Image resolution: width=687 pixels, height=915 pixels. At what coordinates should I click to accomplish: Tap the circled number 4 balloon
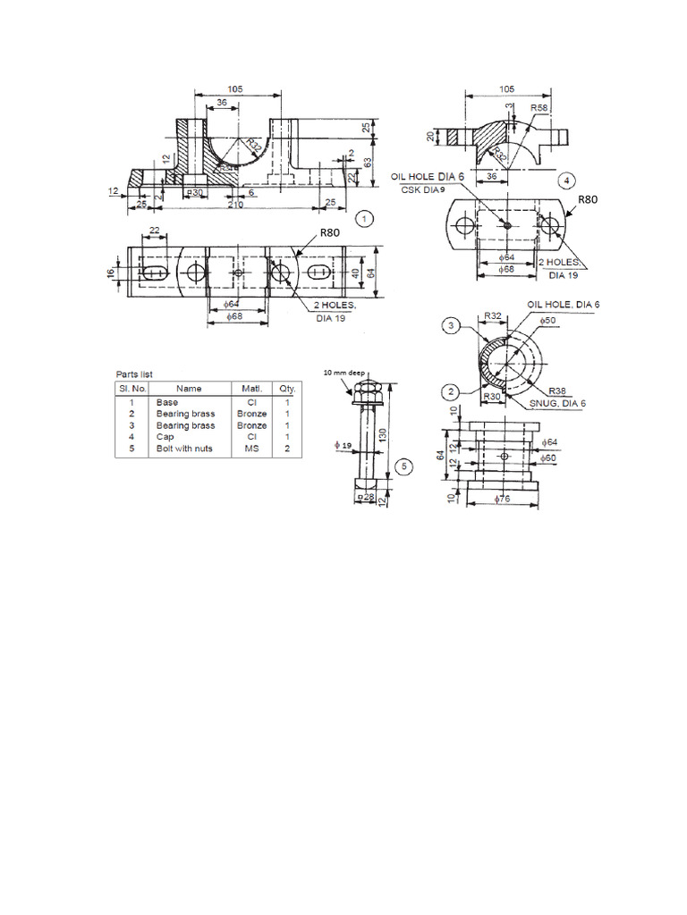565,180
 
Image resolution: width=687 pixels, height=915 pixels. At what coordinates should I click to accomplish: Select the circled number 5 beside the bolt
404,466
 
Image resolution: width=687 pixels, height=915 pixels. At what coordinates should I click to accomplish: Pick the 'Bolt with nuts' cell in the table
184,449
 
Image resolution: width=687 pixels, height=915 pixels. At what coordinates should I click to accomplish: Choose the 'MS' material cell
250,449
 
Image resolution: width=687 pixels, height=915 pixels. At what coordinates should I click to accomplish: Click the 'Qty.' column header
287,389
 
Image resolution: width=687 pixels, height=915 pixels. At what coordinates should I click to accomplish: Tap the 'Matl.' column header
250,389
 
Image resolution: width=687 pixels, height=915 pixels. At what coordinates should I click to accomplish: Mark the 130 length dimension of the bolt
382,434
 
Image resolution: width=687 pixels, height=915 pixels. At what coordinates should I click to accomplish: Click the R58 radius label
539,108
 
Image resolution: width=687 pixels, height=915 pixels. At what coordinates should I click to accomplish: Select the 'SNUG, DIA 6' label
556,404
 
